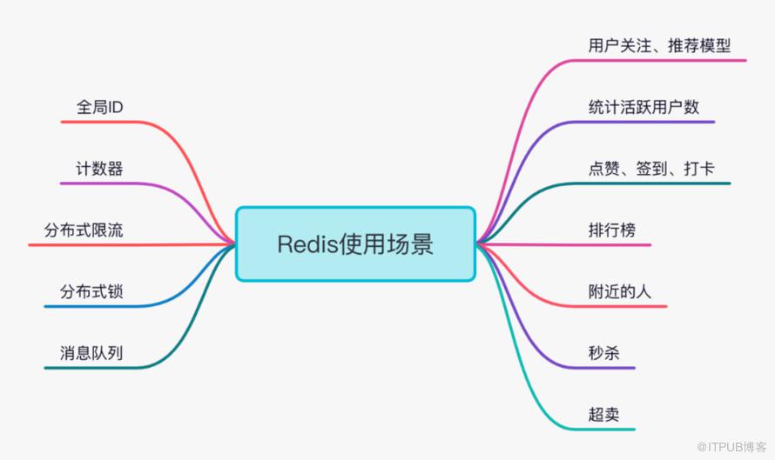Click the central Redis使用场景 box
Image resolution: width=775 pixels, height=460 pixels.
pyautogui.click(x=355, y=243)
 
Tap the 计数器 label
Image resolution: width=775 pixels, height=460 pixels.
pyautogui.click(x=98, y=169)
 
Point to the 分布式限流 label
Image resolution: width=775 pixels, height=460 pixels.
pyautogui.click(x=84, y=230)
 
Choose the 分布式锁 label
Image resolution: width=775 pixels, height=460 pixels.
pyautogui.click(x=91, y=291)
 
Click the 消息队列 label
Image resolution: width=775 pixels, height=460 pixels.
pyautogui.click(x=91, y=353)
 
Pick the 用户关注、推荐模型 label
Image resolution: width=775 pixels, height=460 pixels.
pyautogui.click(x=659, y=45)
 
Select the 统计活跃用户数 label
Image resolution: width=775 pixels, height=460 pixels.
pyautogui.click(x=644, y=107)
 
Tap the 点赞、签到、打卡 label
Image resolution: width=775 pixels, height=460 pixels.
pyautogui.click(x=651, y=169)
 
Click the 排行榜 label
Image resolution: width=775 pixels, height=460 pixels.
pyautogui.click(x=612, y=230)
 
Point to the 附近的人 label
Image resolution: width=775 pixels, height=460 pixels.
pyautogui.click(x=619, y=291)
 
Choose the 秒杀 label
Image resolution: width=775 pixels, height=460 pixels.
pyautogui.click(x=604, y=353)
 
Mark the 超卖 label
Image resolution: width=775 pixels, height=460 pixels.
pyautogui.click(x=604, y=415)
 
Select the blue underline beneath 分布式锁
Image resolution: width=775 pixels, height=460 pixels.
pyautogui.click(x=87, y=307)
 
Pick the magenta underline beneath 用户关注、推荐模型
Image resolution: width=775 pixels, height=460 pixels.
pyautogui.click(x=662, y=60)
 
